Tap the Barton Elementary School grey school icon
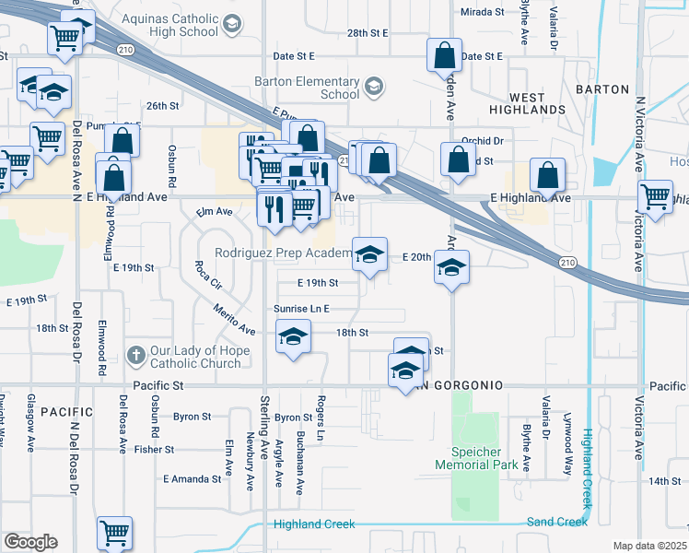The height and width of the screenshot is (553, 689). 373,88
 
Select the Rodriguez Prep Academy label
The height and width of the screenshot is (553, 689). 282,253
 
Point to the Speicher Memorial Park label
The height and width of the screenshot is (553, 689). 475,458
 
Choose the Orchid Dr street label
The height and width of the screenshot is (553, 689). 484,141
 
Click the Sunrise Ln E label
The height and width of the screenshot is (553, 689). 301,309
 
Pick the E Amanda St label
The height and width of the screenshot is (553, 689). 192,479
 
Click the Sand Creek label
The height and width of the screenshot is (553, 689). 556,522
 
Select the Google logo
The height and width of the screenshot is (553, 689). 31,542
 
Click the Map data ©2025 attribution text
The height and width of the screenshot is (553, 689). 649,546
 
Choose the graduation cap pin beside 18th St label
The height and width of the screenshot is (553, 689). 293,337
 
